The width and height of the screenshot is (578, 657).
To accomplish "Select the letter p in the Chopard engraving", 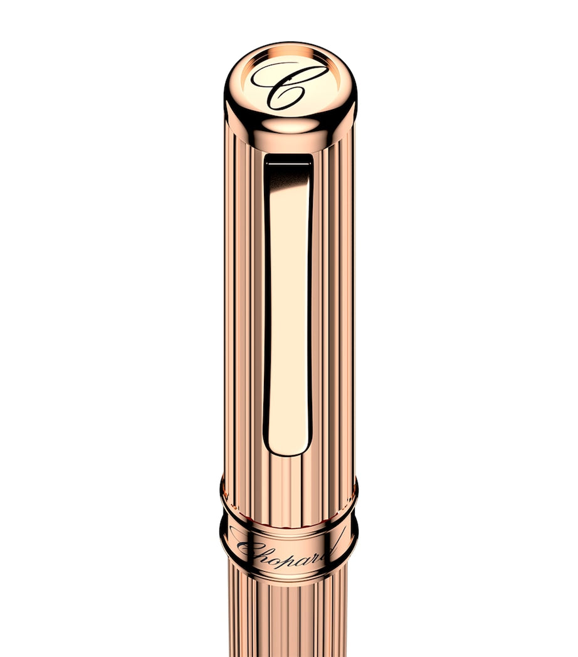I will [290, 552].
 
